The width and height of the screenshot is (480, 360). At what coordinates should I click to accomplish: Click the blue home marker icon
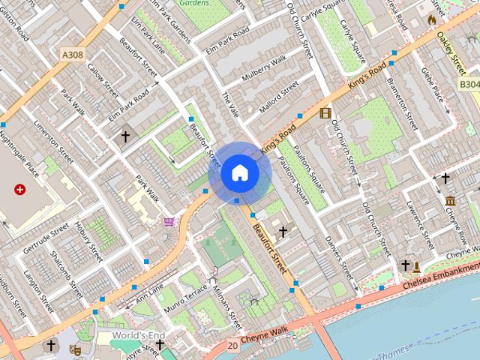(x=239, y=173)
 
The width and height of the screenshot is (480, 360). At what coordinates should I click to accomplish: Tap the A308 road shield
(x=72, y=54)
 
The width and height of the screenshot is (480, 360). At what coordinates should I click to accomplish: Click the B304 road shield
(x=469, y=85)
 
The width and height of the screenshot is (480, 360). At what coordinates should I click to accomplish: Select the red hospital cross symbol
(x=19, y=190)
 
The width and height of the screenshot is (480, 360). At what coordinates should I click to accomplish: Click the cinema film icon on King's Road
(x=325, y=113)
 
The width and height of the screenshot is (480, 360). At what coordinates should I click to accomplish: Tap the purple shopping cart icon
(x=169, y=222)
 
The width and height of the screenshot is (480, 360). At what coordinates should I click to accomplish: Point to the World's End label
(x=138, y=334)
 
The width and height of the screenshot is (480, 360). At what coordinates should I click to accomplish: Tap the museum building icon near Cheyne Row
(x=450, y=201)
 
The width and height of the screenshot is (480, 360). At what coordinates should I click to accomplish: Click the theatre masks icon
(x=75, y=349)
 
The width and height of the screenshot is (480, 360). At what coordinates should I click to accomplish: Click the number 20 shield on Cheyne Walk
(x=232, y=346)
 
